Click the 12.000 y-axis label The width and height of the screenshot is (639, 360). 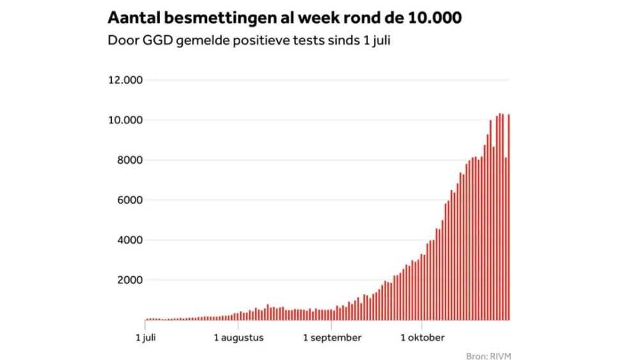tap(127, 81)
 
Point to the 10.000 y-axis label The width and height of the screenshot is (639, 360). tap(127, 120)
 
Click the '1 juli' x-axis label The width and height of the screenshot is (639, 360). tap(146, 337)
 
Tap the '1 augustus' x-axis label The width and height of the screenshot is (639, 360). tap(238, 337)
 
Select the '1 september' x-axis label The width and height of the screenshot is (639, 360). tap(332, 337)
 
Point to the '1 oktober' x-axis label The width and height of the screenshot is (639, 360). tap(422, 337)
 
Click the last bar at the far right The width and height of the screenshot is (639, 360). tap(509, 217)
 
